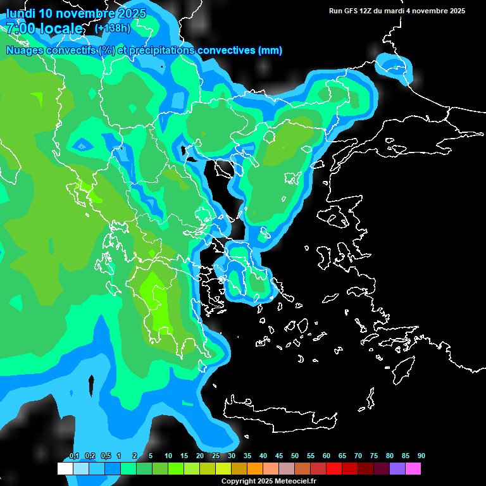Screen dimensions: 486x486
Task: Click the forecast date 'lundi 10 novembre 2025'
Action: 76,13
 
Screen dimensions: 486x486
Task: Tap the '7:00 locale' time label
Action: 44,28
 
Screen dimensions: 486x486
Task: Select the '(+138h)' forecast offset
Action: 113,28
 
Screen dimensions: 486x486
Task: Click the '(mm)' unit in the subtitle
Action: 270,51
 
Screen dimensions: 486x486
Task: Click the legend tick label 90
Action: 421,456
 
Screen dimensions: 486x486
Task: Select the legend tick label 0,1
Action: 74,456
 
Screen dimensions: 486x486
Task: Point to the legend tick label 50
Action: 295,456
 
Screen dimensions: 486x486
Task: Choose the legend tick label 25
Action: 216,456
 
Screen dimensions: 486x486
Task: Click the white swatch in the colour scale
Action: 65,469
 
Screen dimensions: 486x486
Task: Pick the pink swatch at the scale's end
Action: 413,469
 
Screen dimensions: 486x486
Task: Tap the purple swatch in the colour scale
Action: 397,469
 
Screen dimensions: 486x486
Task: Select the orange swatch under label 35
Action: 254,469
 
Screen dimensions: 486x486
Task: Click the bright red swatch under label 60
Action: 333,469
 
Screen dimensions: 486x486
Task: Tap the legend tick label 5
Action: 151,456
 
